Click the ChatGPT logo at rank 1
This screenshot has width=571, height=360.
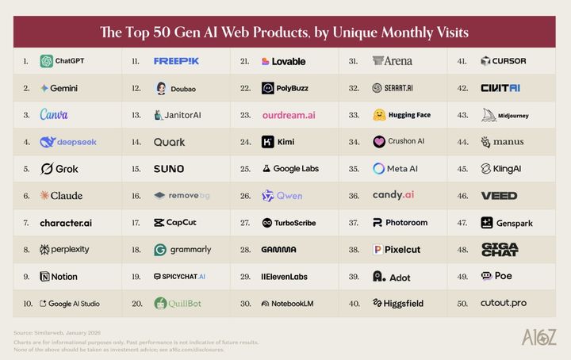47,61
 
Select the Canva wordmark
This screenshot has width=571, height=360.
54,115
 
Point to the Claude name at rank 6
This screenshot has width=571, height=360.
67,196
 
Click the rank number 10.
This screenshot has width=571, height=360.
28,303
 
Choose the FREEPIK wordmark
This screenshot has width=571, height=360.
176,61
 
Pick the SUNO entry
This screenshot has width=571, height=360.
169,169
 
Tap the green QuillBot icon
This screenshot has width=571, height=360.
160,303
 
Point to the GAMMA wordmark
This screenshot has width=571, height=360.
278,250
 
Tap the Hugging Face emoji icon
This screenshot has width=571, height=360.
379,115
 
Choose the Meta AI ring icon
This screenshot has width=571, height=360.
379,169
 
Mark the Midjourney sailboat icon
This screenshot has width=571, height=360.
489,115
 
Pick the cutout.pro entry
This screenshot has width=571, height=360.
503,303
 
